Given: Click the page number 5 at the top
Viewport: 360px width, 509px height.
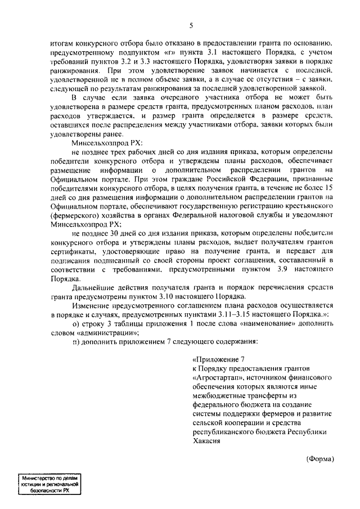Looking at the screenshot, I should [191, 25].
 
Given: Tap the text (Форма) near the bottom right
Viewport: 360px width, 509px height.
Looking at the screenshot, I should [320, 458].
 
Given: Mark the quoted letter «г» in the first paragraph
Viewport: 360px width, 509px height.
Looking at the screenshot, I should [142, 52].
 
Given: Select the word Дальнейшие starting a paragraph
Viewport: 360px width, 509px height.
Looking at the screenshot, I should [93, 286].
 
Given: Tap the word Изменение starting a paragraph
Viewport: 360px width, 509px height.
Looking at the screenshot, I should [91, 304].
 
